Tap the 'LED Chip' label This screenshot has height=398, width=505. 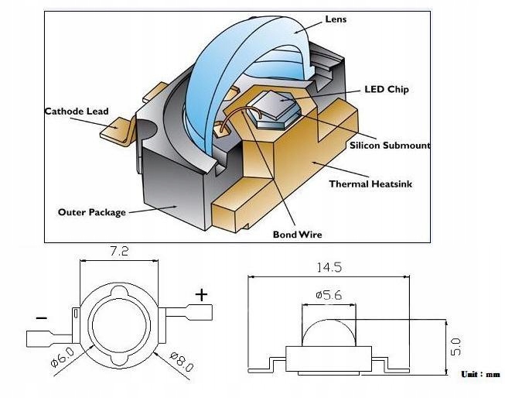pyautogui.click(x=386, y=89)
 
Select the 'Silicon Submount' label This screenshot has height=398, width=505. pyautogui.click(x=389, y=145)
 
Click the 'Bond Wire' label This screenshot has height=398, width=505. pyautogui.click(x=297, y=234)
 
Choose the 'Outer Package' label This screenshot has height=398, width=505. pyautogui.click(x=92, y=211)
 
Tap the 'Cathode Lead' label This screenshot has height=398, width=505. pyautogui.click(x=77, y=111)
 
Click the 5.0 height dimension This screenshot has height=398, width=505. pyautogui.click(x=456, y=341)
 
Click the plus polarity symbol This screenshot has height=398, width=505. pyautogui.click(x=202, y=293)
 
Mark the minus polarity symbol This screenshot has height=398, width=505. pyautogui.click(x=41, y=317)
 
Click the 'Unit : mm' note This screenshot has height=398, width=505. pyautogui.click(x=480, y=374)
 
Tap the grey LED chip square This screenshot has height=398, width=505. pyautogui.click(x=276, y=105)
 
